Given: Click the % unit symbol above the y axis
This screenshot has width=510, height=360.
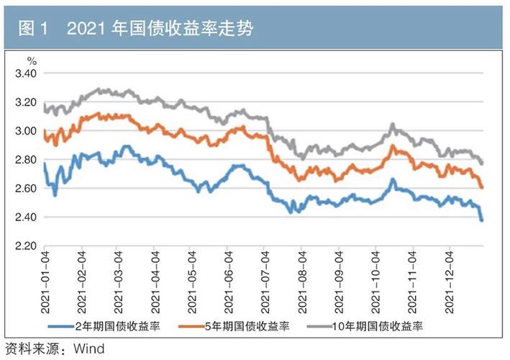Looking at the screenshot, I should (x=31, y=61).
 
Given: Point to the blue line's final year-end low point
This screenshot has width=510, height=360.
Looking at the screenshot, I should (x=482, y=220).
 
